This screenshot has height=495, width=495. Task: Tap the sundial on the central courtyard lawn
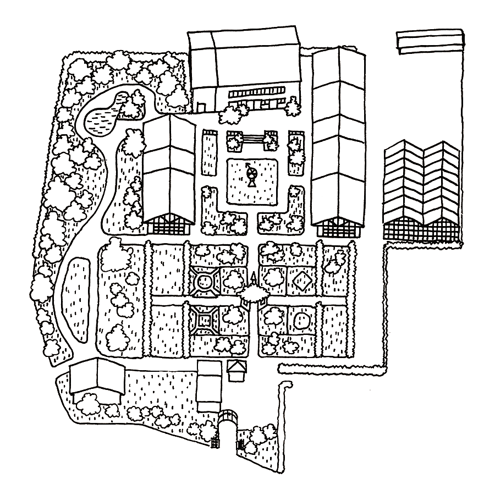(251, 175)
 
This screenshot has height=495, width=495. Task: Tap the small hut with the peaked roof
(236, 370)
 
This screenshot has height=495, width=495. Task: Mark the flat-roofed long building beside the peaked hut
(208, 384)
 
